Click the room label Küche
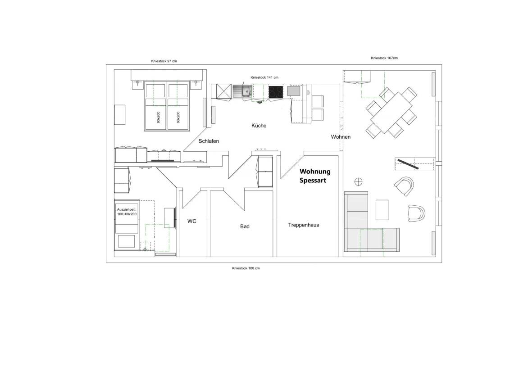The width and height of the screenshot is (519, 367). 259,126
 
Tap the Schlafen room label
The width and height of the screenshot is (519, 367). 209,141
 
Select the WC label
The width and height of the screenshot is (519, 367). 192,222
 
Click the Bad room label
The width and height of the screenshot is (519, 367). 245,227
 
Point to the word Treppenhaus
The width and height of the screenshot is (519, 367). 303,225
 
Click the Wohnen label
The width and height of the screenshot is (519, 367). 341,137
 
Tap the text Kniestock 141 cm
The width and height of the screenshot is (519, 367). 264,77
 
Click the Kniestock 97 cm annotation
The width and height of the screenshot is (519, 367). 163,61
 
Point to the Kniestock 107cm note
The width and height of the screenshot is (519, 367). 384,58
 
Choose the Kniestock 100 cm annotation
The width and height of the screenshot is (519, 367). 246,268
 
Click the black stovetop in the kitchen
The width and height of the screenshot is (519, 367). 276,92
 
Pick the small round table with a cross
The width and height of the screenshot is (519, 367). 359,181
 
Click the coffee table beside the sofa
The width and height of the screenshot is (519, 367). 382,209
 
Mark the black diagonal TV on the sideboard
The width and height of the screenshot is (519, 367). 408,164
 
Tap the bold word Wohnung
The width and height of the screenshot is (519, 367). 315,172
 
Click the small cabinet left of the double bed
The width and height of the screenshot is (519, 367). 119,115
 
